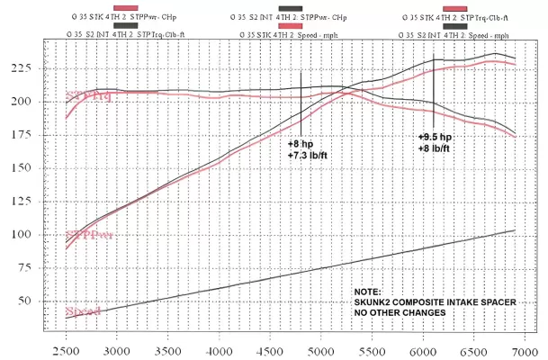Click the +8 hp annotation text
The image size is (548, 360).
click(x=301, y=143)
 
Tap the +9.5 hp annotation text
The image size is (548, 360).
click(x=434, y=136)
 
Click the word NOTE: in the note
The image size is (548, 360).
click(x=367, y=292)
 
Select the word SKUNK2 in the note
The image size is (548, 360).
click(x=377, y=301)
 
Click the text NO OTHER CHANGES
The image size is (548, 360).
click(x=400, y=311)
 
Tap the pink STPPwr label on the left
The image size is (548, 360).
click(x=89, y=234)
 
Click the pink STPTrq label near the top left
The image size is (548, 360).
click(x=89, y=96)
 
